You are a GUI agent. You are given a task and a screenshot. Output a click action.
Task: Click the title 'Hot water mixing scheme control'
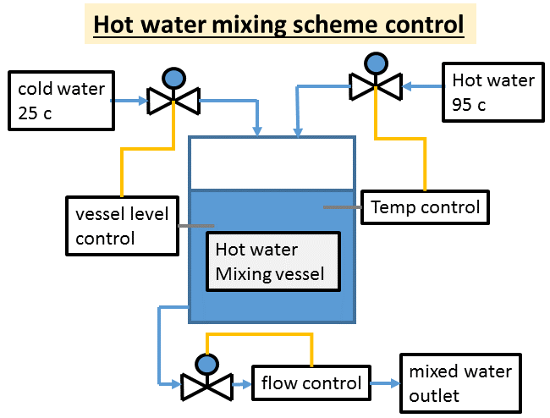coord(278,24)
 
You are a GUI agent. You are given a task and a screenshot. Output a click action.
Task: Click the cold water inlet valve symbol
coord(173,101)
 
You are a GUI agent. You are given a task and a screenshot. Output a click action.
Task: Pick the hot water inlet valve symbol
coord(376,84)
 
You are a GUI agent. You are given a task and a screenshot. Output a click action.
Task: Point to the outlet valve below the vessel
coord(206,386)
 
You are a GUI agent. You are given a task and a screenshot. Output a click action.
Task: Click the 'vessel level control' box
coord(123,225)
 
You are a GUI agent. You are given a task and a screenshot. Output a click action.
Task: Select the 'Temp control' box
coord(425,207)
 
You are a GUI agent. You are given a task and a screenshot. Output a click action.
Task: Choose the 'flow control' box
coord(311,383)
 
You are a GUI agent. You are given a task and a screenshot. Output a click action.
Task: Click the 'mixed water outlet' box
coord(459,383)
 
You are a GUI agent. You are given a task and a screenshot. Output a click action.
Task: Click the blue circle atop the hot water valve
coord(376,62)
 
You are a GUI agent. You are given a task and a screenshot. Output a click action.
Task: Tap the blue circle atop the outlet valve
coord(206,364)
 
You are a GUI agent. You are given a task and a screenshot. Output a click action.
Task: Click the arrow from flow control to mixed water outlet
coord(385,383)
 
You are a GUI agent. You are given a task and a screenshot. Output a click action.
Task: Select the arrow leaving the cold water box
coord(129,102)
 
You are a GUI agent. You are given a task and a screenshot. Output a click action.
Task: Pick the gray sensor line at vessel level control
coord(196,226)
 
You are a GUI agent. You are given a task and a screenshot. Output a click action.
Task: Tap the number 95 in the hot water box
coord(464,104)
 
